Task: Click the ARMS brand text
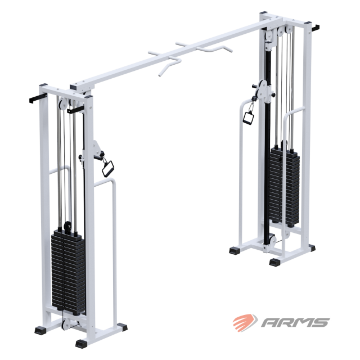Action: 295,322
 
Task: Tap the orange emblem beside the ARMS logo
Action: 245,322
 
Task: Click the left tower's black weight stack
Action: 68,271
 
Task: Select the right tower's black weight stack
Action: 285,186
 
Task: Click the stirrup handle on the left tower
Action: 107,169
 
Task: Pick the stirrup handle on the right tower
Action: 249,118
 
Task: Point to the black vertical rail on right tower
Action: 267,147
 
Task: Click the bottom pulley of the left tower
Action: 66,324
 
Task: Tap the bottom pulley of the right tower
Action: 273,241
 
